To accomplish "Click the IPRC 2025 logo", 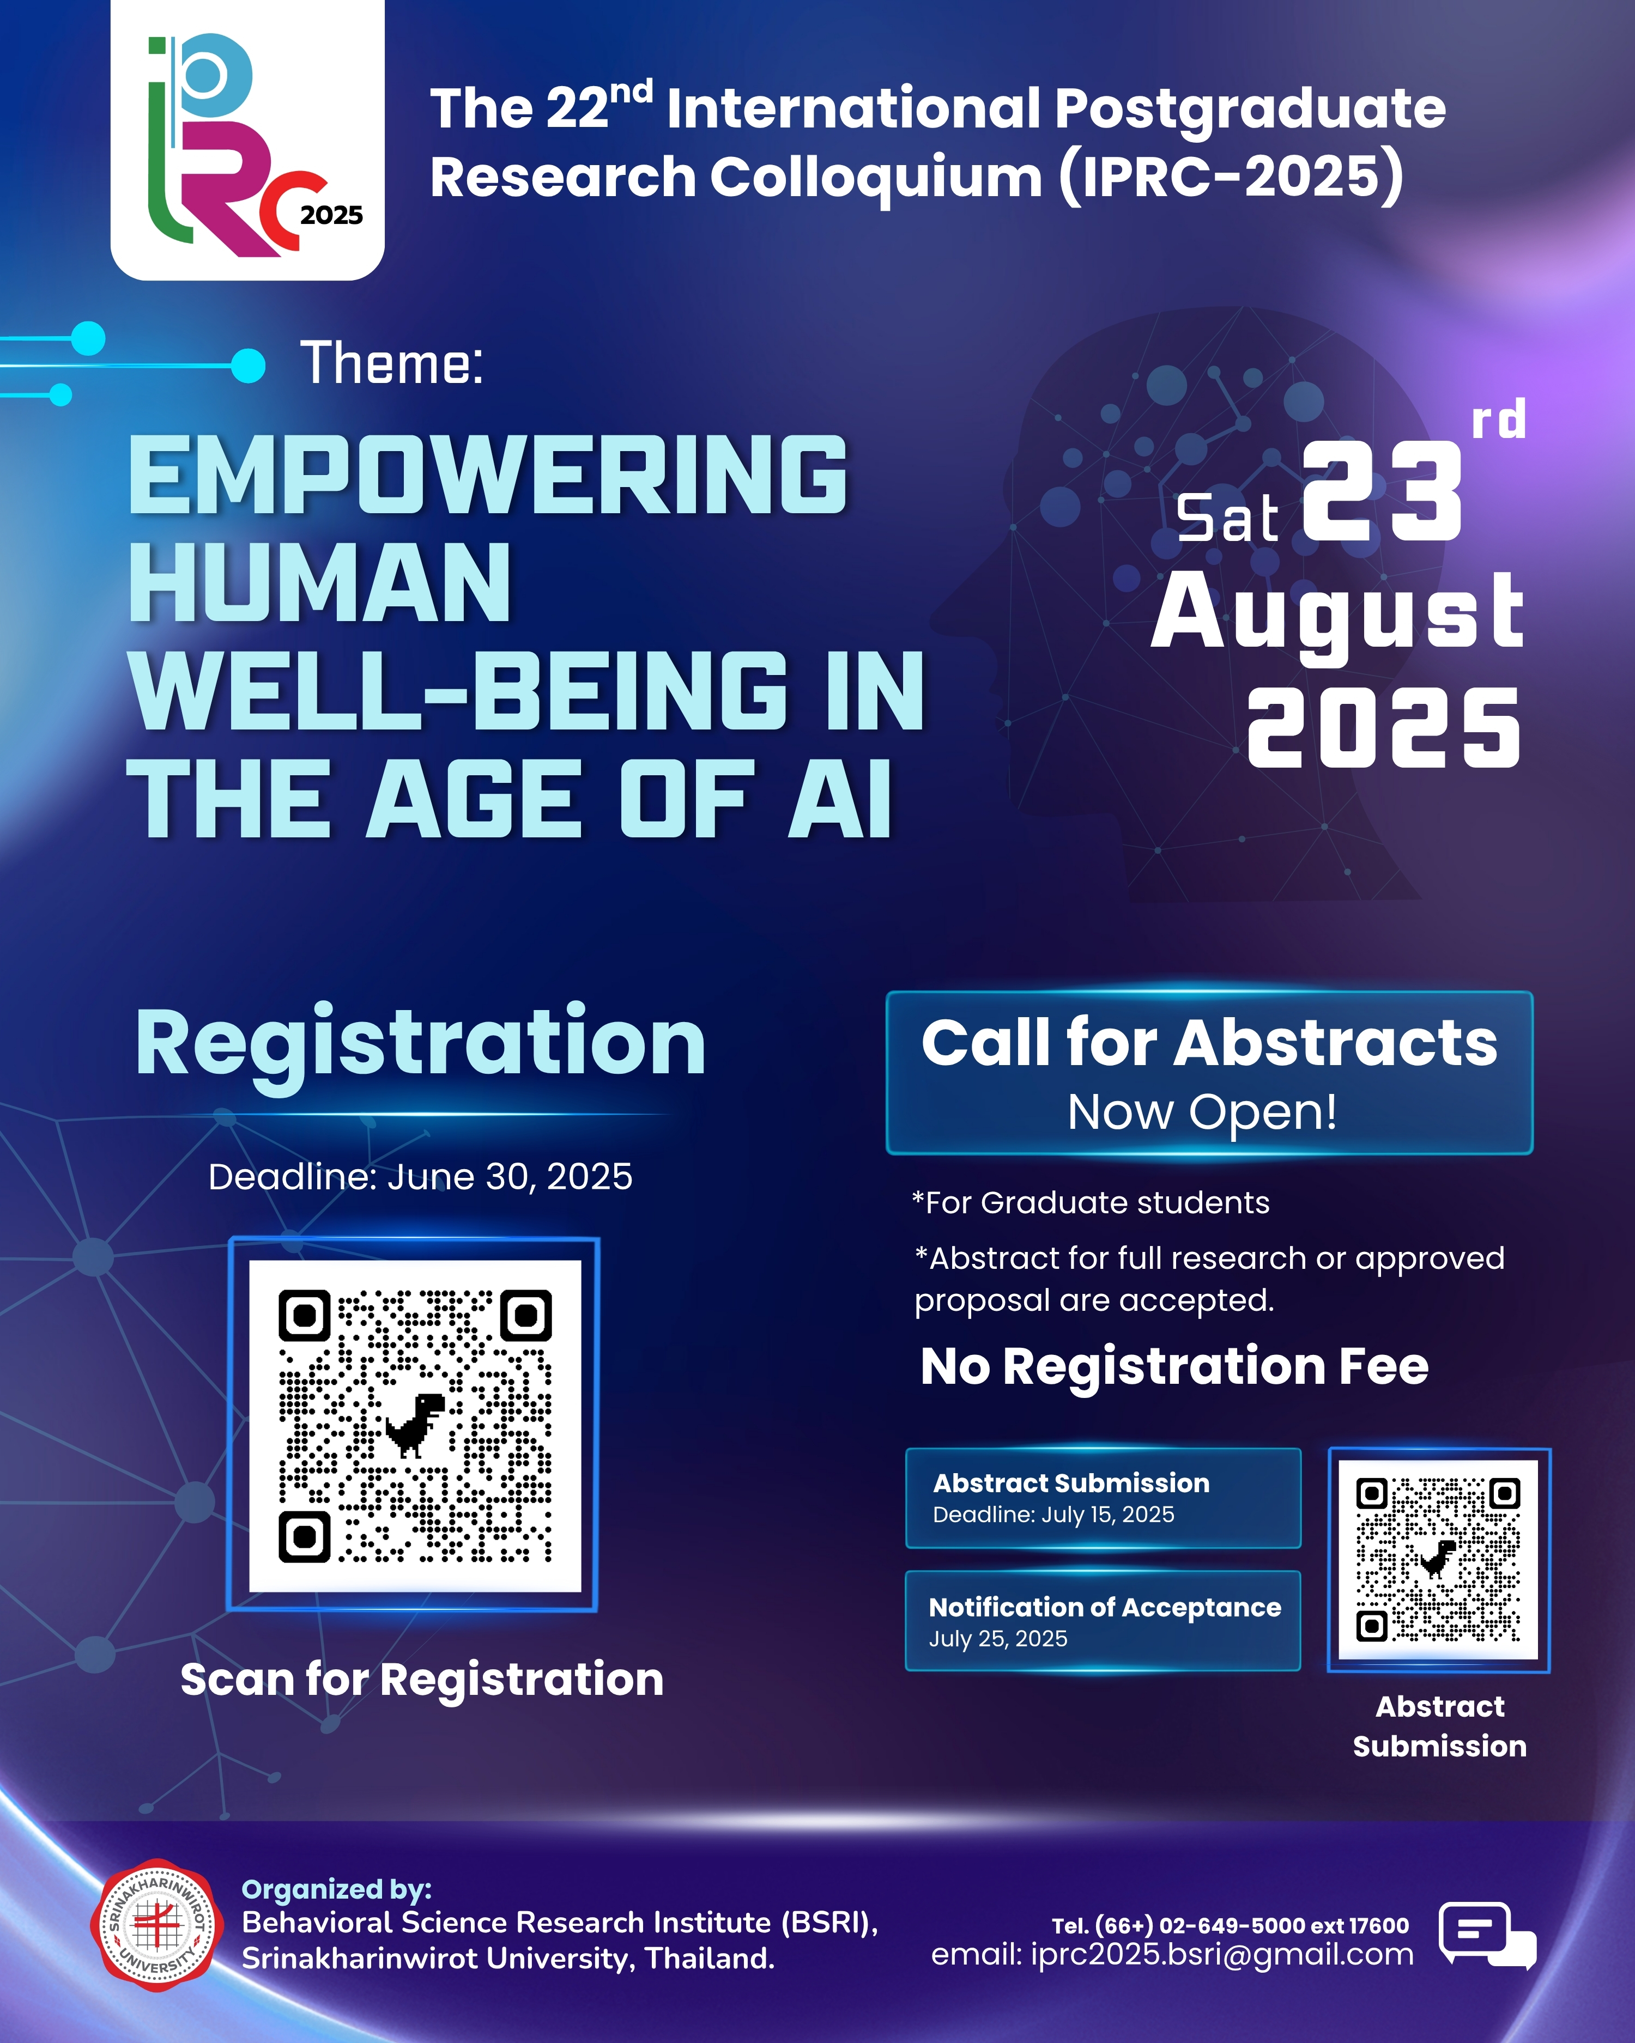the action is (x=247, y=140).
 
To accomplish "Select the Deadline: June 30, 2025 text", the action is (x=420, y=1177).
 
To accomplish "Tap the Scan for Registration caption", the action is (x=422, y=1680).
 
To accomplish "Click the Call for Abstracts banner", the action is (x=1209, y=1073).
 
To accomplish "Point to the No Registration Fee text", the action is (x=1174, y=1366).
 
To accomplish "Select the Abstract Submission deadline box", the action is (x=1103, y=1498).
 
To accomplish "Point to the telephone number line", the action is (x=1230, y=1925).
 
